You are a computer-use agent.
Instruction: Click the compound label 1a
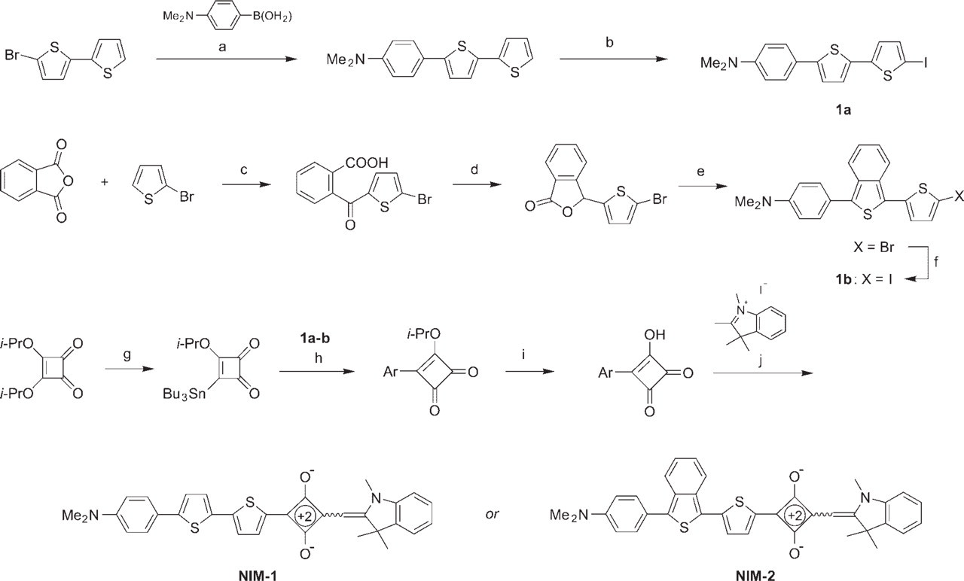pos(843,110)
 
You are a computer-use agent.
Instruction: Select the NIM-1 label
pos(258,576)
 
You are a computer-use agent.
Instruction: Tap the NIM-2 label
pos(755,576)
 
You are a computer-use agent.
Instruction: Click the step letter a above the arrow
pos(222,47)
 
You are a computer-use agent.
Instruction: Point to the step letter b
pos(609,42)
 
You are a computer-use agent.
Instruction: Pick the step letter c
pos(243,170)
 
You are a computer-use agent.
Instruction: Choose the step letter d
pos(474,169)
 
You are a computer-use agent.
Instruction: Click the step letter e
pos(700,171)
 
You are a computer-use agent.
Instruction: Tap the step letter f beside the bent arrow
pos(936,261)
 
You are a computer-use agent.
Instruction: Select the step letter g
pos(127,356)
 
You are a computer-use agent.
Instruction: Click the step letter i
pos(523,354)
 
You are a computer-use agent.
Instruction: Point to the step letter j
pos(760,360)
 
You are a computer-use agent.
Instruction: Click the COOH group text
pos(366,163)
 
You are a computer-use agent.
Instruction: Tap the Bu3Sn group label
pos(185,394)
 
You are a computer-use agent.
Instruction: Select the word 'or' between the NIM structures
pos(492,514)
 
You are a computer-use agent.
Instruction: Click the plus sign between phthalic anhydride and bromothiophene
pos(104,182)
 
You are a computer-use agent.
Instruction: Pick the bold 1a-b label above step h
pos(315,339)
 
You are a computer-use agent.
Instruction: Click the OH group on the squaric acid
pos(654,335)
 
